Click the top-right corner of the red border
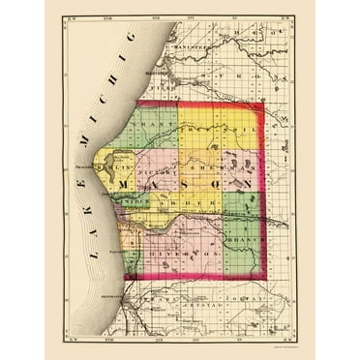pyautogui.click(x=263, y=103)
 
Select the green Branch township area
pyautogui.click(x=242, y=247)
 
